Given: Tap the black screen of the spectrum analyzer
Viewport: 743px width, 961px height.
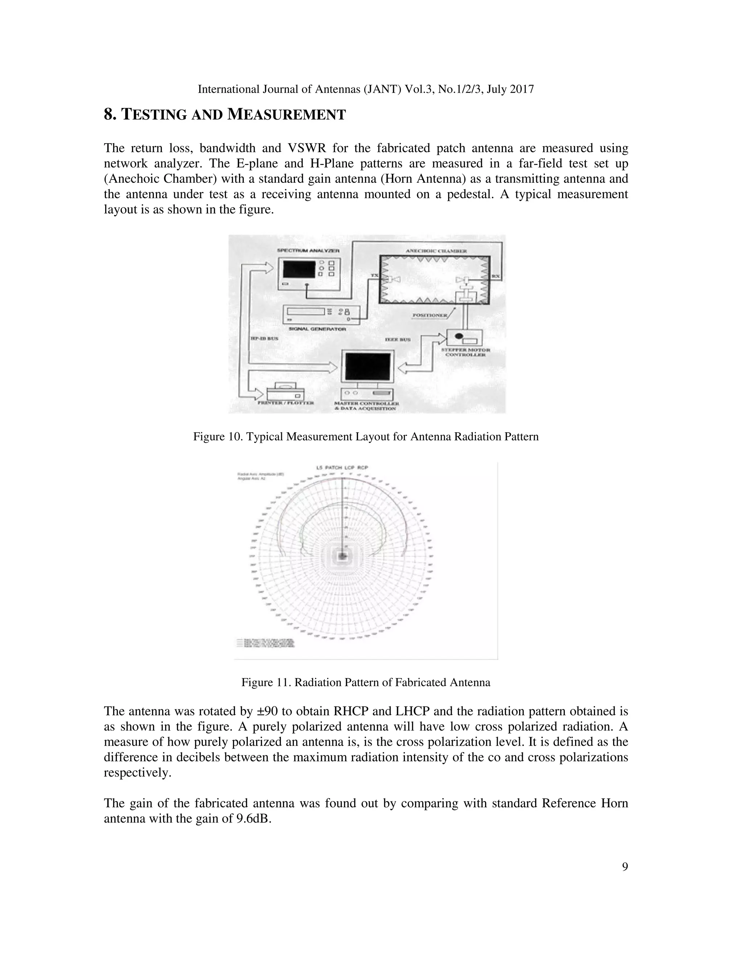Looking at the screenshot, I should pyautogui.click(x=299, y=268).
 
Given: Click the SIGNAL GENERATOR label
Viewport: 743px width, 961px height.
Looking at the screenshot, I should pyautogui.click(x=317, y=329).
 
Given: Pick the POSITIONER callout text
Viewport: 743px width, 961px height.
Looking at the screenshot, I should pyautogui.click(x=429, y=315).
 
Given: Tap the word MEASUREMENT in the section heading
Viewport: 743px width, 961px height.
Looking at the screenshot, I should pyautogui.click(x=287, y=114).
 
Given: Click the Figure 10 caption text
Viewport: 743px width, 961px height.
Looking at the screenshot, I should pyautogui.click(x=366, y=437).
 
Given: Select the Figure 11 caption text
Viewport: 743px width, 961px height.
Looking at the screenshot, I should pyautogui.click(x=366, y=682).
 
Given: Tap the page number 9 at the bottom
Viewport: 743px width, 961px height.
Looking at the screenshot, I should pyautogui.click(x=625, y=866).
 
